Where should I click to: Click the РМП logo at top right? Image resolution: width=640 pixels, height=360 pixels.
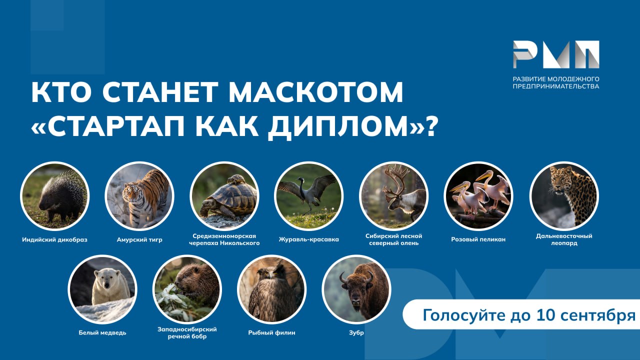pos(556,54)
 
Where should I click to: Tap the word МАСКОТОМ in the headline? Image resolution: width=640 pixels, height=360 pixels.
pos(316,92)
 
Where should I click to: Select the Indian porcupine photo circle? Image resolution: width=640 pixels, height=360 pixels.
pos(55,196)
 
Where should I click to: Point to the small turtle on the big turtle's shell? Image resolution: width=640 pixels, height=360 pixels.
pos(236,179)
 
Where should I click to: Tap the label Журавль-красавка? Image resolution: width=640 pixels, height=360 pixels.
pos(309,239)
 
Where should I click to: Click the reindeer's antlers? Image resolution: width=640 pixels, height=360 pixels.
pos(395,181)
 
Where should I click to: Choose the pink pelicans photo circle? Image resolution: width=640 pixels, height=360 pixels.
pos(478,196)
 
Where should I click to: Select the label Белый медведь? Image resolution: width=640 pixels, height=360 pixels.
pos(102,332)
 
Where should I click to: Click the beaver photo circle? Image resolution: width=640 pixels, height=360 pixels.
pos(187,289)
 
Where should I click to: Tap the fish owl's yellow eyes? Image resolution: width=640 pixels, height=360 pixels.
pos(271,273)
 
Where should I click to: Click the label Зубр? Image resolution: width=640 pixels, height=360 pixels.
pos(356,332)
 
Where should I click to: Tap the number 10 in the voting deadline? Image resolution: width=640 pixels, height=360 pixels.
pos(545,315)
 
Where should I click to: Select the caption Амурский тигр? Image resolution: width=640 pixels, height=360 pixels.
pos(139,239)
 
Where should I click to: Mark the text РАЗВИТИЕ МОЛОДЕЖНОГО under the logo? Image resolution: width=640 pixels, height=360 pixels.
pos(556,79)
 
